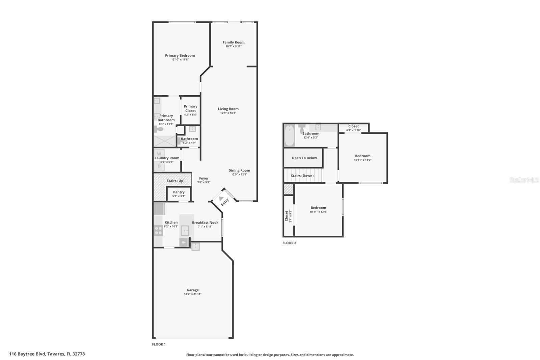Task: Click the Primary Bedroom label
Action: (x=180, y=55)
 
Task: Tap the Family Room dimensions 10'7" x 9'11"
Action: (x=234, y=46)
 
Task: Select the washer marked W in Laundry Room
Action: (x=159, y=154)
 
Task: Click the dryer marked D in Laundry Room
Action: (x=159, y=166)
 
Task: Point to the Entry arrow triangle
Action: (x=221, y=199)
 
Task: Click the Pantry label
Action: (x=179, y=192)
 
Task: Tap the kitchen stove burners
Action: (x=158, y=230)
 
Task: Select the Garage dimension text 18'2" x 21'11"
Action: (x=193, y=294)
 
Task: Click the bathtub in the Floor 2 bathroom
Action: (x=289, y=136)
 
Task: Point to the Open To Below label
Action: (x=304, y=158)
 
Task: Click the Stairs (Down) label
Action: (x=302, y=176)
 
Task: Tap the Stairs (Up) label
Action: (x=175, y=181)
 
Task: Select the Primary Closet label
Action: (x=190, y=108)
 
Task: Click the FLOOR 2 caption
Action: (x=289, y=243)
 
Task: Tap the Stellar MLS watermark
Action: (x=524, y=180)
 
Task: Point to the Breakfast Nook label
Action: (x=205, y=223)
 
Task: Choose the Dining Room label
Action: (x=239, y=171)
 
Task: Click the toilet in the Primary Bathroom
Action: (x=159, y=129)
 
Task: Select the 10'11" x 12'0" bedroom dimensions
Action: (x=318, y=212)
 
